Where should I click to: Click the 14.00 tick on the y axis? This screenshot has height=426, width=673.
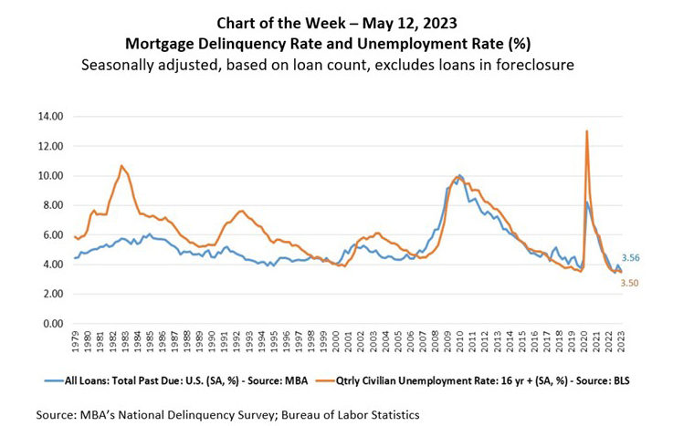tap(48, 116)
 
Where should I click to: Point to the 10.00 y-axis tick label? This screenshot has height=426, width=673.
tap(48, 175)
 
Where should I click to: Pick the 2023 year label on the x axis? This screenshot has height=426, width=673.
tap(620, 342)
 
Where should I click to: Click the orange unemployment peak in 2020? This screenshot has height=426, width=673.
tap(586, 131)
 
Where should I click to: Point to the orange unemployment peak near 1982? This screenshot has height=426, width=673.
tap(121, 166)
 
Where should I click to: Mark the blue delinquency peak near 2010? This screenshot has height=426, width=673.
tap(459, 174)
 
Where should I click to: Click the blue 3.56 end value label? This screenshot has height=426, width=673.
tap(631, 258)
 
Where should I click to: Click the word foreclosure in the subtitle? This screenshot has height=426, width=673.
tap(546, 65)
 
